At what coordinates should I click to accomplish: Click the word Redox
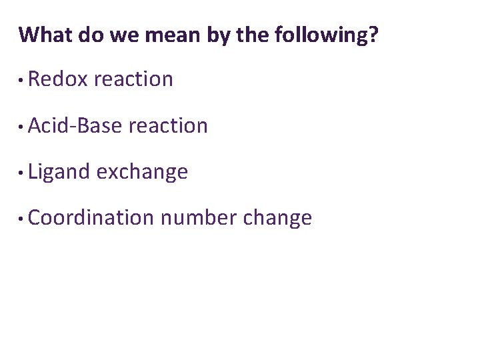pyautogui.click(x=59, y=79)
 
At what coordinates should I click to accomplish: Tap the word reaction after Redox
pyautogui.click(x=134, y=79)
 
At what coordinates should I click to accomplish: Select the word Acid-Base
pyautogui.click(x=76, y=125)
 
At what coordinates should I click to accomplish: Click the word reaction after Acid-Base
pyautogui.click(x=168, y=125)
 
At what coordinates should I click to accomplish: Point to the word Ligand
pyautogui.click(x=59, y=172)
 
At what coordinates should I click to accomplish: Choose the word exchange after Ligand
pyautogui.click(x=142, y=172)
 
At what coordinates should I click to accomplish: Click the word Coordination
pyautogui.click(x=91, y=218)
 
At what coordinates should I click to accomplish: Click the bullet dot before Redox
pyautogui.click(x=23, y=81)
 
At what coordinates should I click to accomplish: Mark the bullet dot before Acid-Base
pyautogui.click(x=23, y=127)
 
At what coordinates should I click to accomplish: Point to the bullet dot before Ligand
pyautogui.click(x=23, y=173)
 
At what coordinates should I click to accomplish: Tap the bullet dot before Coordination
pyautogui.click(x=23, y=219)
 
